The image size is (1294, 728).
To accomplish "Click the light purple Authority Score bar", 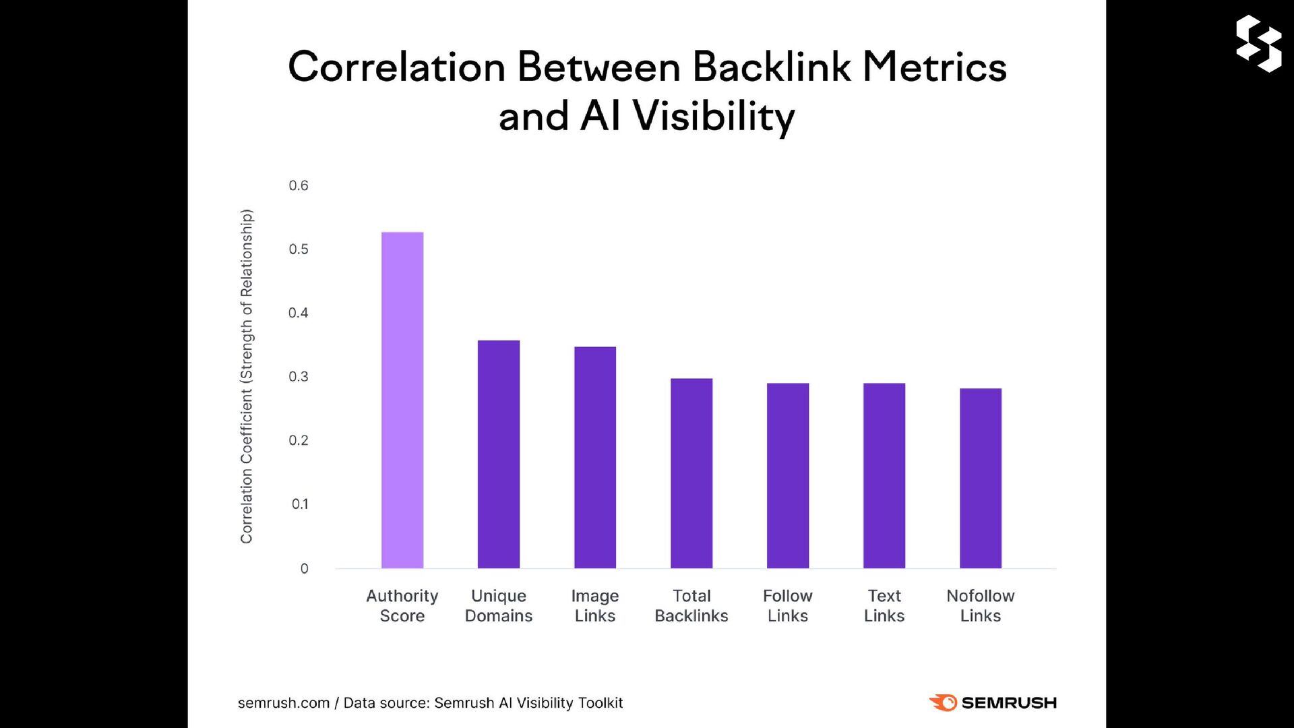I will tap(402, 400).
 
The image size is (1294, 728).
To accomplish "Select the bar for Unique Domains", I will tap(499, 454).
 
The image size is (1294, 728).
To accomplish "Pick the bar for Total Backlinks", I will tap(691, 473).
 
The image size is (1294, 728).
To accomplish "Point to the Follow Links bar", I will tap(788, 475).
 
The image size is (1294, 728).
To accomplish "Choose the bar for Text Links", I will tap(884, 475).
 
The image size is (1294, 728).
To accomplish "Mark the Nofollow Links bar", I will tap(981, 478).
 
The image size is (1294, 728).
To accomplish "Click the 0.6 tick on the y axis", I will tap(299, 185).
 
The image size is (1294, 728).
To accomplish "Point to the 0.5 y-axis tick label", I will tap(299, 249).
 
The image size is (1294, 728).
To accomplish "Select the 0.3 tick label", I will tap(299, 377).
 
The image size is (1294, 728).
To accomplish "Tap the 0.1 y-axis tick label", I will tap(300, 504).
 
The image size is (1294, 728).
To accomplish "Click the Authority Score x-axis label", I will tap(402, 605).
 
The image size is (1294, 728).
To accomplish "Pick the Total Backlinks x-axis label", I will tap(691, 605).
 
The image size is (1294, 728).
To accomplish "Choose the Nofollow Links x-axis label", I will tap(981, 605).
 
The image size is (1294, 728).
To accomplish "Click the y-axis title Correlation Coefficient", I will tap(247, 376).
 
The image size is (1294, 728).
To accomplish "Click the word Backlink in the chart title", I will tap(772, 67).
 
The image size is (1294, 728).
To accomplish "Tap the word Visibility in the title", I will tap(714, 117).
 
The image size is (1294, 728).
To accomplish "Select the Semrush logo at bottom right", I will tap(993, 702).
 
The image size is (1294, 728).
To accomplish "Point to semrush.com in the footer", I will tap(284, 703).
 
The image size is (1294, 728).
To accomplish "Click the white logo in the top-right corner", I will tap(1258, 43).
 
